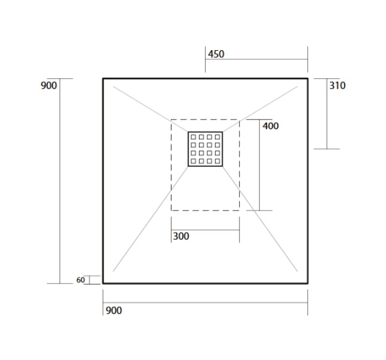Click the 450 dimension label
(216, 54)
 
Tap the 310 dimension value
(337, 86)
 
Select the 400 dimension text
(271, 126)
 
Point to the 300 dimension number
(181, 236)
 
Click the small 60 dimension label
(81, 280)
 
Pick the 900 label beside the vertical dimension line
(49, 86)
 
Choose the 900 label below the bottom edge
(114, 310)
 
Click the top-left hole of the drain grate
(194, 137)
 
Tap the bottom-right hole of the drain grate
(217, 161)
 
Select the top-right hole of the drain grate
(217, 137)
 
